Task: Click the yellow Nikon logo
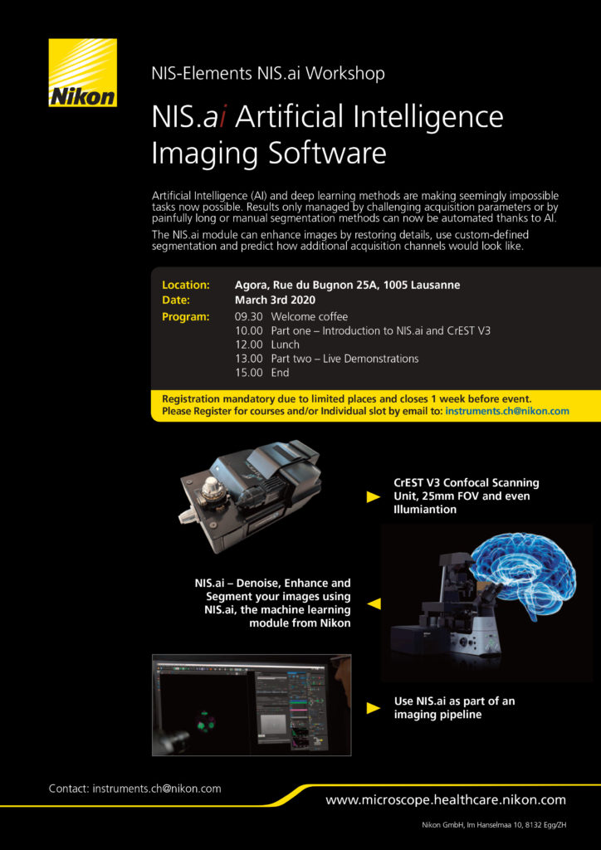(82, 73)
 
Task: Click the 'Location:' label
(186, 285)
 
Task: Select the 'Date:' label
(176, 300)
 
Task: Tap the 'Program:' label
(185, 317)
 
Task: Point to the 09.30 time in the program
(249, 317)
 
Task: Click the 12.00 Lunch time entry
(249, 344)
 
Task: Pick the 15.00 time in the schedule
(249, 373)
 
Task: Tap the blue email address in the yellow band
(506, 411)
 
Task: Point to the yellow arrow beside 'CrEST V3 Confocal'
(374, 497)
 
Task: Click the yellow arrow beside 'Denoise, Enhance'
(374, 603)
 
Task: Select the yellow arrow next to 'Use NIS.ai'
(374, 708)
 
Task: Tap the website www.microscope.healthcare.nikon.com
(446, 800)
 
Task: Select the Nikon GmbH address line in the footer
(494, 825)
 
